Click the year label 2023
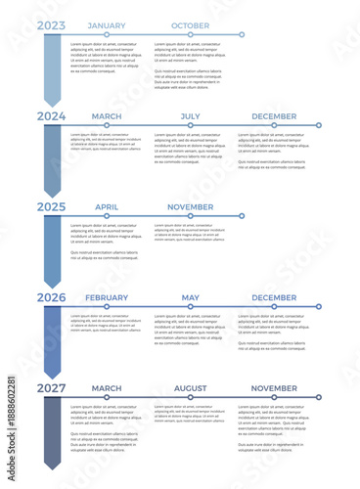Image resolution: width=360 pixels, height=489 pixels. click(52, 25)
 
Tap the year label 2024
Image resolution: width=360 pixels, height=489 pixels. click(52, 116)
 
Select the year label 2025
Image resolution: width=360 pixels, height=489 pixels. click(52, 207)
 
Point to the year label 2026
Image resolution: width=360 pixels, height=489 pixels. click(52, 298)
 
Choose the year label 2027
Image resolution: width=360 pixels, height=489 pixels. click(52, 389)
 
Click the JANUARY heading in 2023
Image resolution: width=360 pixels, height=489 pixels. click(107, 25)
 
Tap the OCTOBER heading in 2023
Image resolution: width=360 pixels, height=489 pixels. click(190, 25)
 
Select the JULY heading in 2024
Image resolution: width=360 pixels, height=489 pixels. click(190, 116)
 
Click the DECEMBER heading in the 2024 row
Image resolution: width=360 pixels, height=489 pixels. click(274, 116)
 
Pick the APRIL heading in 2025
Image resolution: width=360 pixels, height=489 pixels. click(107, 207)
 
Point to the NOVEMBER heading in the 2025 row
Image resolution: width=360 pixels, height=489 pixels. click(190, 207)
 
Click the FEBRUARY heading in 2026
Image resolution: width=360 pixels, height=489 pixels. click(107, 298)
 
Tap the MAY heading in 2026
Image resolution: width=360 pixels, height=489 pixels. click(190, 298)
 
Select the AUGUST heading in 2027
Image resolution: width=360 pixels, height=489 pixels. click(190, 389)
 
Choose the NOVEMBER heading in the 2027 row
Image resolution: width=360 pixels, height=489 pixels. click(274, 389)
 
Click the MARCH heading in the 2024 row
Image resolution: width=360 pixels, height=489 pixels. click(107, 116)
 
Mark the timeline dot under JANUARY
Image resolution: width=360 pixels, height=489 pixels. click(107, 34)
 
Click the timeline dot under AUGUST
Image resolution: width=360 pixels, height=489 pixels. click(190, 398)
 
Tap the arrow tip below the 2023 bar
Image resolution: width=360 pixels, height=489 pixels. click(52, 104)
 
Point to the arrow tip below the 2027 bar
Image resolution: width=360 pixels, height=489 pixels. click(52, 467)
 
